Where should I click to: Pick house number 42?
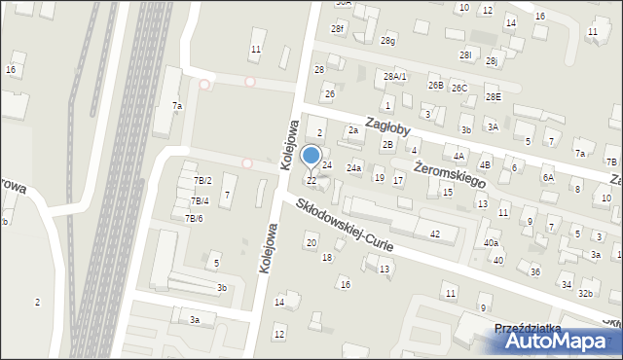[435, 234]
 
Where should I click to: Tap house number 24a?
[353, 168]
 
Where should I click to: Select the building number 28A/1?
[395, 76]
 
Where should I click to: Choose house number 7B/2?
[202, 181]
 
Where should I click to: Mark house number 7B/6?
[194, 218]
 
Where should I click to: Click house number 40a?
[492, 243]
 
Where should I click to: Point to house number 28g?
[388, 40]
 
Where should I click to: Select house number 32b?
[585, 293]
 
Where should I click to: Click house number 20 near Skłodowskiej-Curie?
[311, 241]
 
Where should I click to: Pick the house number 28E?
[494, 96]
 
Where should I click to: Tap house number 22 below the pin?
[311, 181]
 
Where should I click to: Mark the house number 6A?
[548, 177]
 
